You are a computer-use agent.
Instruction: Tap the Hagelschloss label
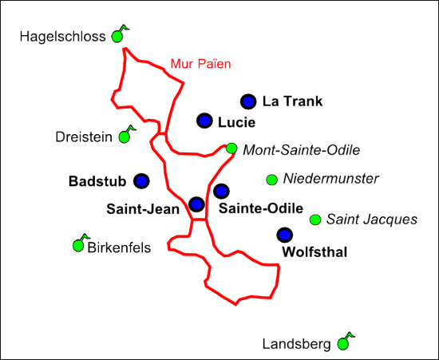[62, 37]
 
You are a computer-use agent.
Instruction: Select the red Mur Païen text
[200, 64]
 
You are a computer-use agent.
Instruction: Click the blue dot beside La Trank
[248, 101]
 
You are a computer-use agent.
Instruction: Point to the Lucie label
[236, 123]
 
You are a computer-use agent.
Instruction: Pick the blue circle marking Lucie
[204, 121]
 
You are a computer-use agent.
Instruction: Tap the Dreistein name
[84, 137]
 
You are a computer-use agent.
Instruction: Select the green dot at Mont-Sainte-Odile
[231, 148]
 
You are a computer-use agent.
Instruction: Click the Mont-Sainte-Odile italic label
[301, 150]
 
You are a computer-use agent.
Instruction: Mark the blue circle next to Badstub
[141, 181]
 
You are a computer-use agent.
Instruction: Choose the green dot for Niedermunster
[271, 180]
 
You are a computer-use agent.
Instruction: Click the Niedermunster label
[331, 179]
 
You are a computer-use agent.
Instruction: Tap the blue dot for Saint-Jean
[196, 204]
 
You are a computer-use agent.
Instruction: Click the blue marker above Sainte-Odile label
[221, 192]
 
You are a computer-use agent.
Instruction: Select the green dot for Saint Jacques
[315, 220]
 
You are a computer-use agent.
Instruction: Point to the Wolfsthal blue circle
[285, 235]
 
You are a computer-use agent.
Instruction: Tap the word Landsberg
[296, 344]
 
